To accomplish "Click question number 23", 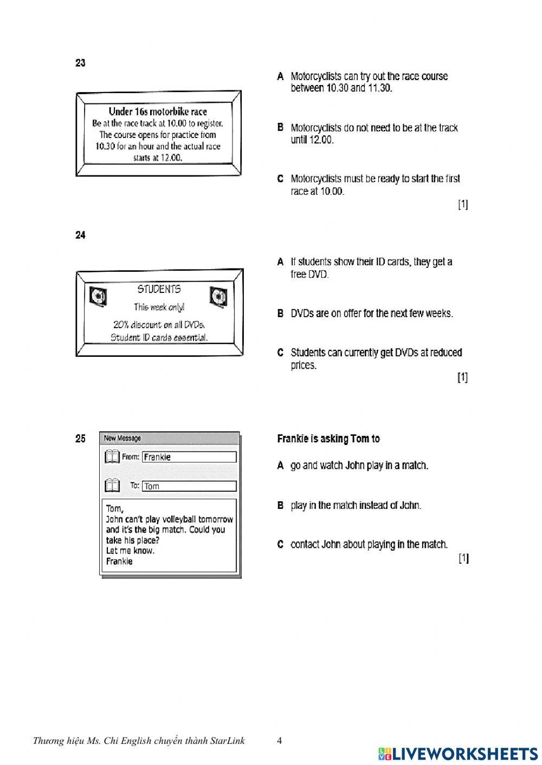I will tap(80, 63).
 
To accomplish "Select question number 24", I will tap(80, 236).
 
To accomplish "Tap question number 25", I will tap(80, 439).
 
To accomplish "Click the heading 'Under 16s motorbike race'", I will tap(158, 112).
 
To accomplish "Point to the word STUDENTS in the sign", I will tap(159, 290).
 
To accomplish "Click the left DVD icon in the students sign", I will tap(98, 297).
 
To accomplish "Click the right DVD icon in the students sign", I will tap(218, 297).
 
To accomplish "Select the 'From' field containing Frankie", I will tap(189, 457).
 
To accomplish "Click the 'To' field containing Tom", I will tap(189, 486).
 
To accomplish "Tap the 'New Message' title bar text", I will tap(122, 439).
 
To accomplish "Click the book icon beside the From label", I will tap(112, 457).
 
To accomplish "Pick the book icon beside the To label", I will tap(112, 486).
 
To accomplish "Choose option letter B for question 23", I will tap(280, 128).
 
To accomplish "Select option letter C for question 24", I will tap(280, 353).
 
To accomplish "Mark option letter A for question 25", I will tap(280, 466).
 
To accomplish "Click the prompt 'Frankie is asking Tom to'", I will tap(328, 439).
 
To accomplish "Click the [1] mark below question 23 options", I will tap(463, 205).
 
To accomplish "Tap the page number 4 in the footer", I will tap(279, 741).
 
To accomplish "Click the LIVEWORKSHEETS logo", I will tap(458, 754).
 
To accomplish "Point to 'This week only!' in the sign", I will tap(159, 308).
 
